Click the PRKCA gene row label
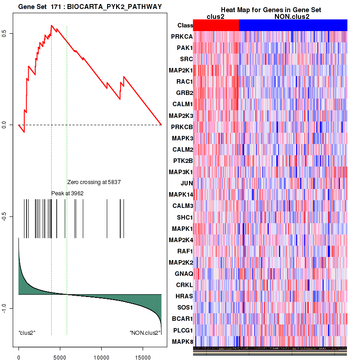click(182, 36)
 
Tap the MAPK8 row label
click(182, 342)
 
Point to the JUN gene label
click(187, 183)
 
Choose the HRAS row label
click(184, 296)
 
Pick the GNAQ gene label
click(184, 274)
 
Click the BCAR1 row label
click(182, 319)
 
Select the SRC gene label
click(186, 59)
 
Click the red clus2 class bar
click(216, 25)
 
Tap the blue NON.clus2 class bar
click(293, 25)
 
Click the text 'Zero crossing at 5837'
click(94, 182)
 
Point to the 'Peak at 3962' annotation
click(67, 193)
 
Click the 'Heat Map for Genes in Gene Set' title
click(270, 10)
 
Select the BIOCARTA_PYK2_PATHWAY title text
click(90, 6)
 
